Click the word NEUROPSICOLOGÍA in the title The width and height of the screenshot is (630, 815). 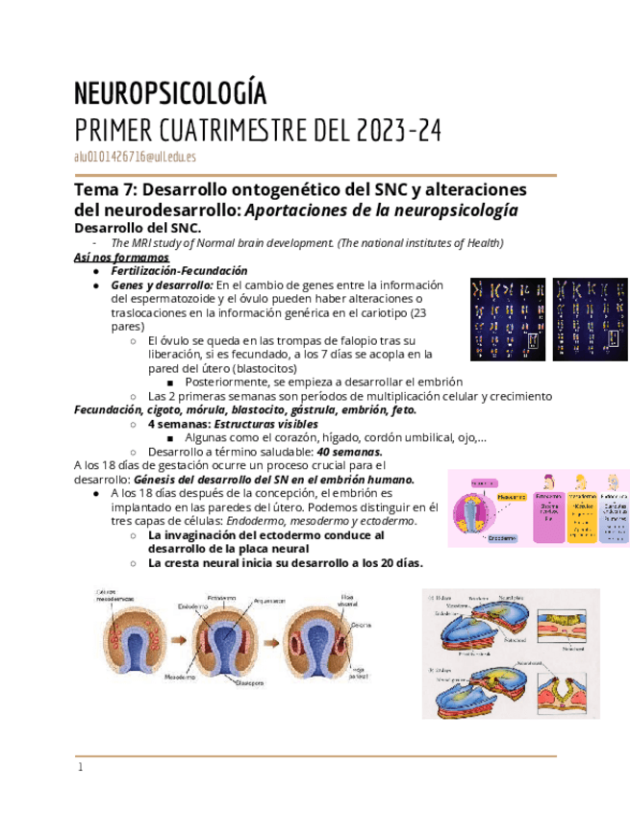coord(170,94)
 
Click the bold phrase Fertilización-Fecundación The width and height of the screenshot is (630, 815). coord(179,272)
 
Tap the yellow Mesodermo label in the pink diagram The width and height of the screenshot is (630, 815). coord(510,497)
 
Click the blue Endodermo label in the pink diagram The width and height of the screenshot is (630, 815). coord(503,538)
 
